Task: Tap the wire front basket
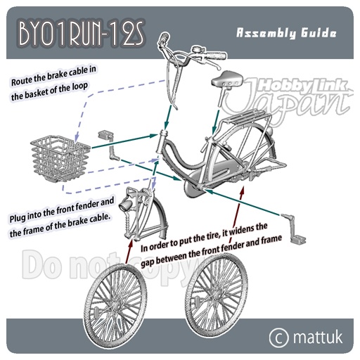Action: pyautogui.click(x=60, y=158)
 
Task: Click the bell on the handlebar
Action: pyautogui.click(x=196, y=50)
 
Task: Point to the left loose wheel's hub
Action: pyautogui.click(x=116, y=306)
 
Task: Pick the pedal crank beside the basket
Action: pyautogui.click(x=109, y=146)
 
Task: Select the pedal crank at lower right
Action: pyautogui.click(x=293, y=229)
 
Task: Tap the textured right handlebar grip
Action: pyautogui.click(x=215, y=56)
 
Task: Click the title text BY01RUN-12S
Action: pyautogui.click(x=81, y=34)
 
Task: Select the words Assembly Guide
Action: pyautogui.click(x=286, y=33)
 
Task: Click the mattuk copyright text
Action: pyautogui.click(x=318, y=337)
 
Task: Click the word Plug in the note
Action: pyautogui.click(x=18, y=218)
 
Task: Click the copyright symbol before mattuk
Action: pyautogui.click(x=278, y=337)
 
